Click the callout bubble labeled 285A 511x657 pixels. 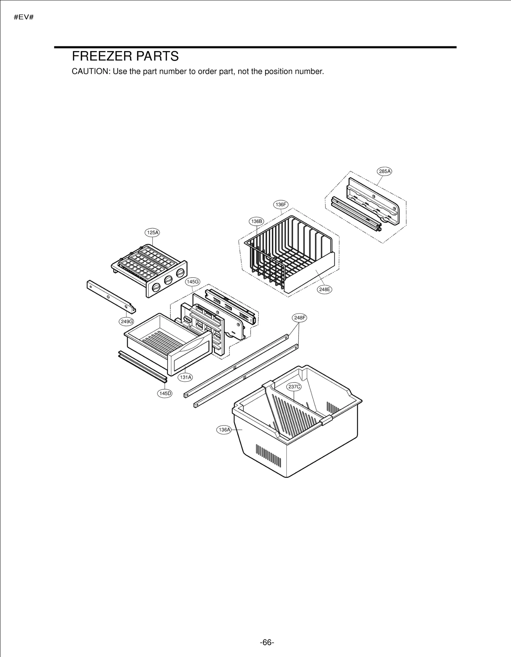385,172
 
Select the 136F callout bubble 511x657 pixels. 281,205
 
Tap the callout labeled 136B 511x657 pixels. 256,221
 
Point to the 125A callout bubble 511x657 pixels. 152,233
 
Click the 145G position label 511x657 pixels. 193,282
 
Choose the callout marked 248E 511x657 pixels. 324,289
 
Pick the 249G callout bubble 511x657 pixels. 126,321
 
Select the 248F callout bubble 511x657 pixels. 299,318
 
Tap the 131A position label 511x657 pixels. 185,377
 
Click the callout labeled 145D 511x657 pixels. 165,393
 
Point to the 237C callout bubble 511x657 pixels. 294,387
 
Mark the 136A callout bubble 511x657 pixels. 224,430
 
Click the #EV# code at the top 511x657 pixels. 24,17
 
